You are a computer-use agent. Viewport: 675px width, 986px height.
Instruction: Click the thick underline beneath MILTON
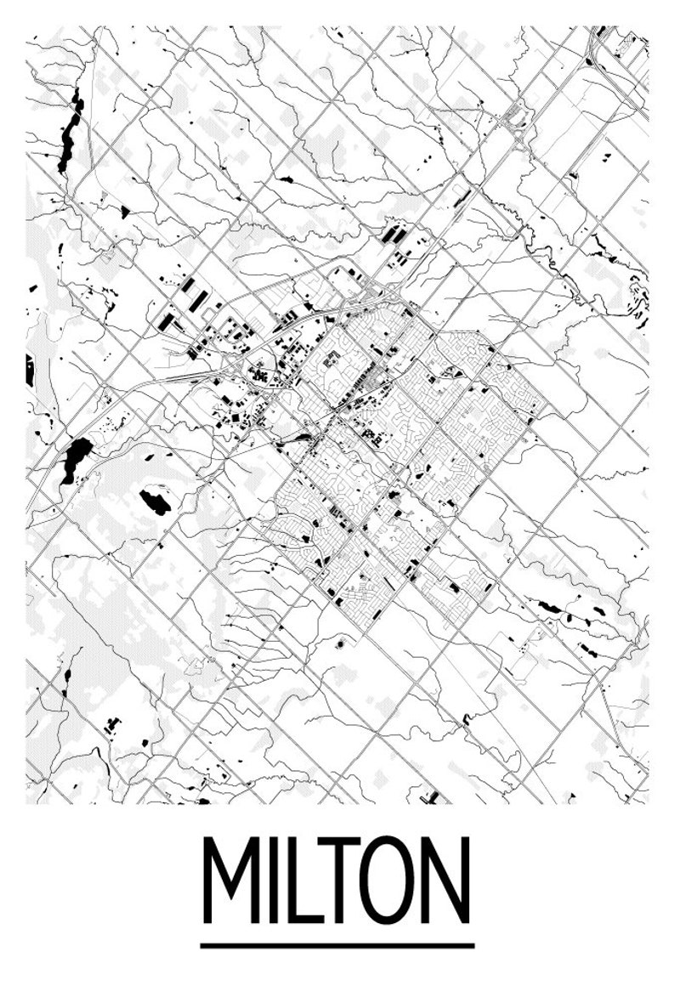337,945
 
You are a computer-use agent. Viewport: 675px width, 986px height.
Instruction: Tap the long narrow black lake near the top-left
70,132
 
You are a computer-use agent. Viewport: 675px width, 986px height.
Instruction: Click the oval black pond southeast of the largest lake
155,501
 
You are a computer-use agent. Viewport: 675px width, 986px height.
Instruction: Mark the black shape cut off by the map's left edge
30,370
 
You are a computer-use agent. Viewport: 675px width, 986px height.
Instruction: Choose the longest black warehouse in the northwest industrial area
198,299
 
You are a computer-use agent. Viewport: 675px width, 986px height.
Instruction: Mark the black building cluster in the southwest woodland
111,725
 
